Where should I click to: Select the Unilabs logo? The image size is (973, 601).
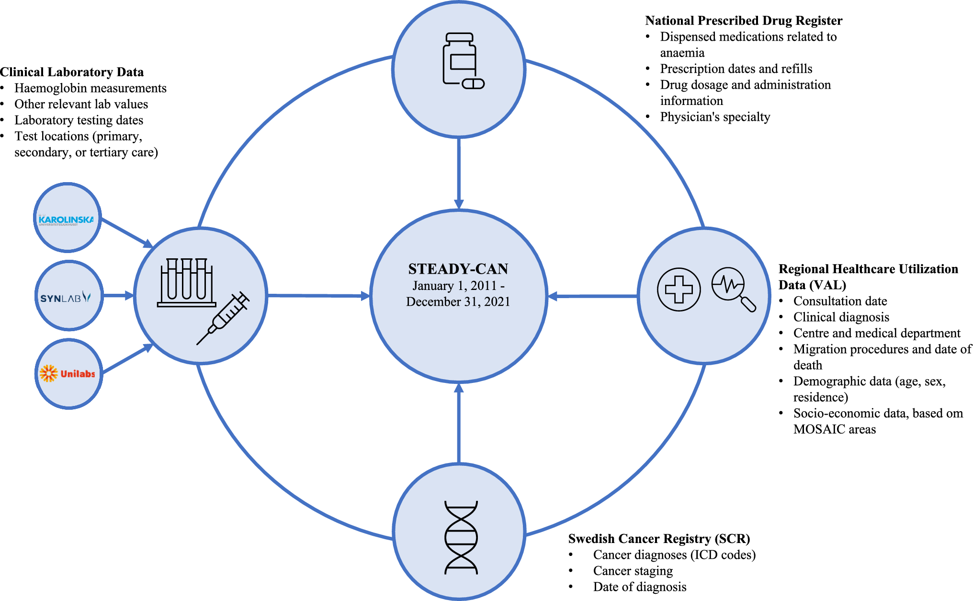pos(68,373)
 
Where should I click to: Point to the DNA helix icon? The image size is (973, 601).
pos(461,537)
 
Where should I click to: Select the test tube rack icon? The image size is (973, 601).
pos(186,283)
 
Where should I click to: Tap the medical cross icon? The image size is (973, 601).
pos(679,289)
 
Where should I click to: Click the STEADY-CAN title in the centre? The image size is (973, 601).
pos(458,269)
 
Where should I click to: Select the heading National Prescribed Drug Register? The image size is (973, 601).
pos(743,21)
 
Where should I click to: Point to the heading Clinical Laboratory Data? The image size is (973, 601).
pos(72,72)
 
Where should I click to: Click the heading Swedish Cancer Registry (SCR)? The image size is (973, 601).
pos(659,539)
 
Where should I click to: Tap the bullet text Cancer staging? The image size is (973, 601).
pos(633,571)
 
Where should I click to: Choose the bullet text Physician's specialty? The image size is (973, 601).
pos(715,117)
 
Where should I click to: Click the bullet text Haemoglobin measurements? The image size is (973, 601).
pos(91,88)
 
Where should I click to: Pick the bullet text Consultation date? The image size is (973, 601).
pos(840,301)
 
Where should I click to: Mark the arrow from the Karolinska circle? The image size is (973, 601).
pos(127,232)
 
